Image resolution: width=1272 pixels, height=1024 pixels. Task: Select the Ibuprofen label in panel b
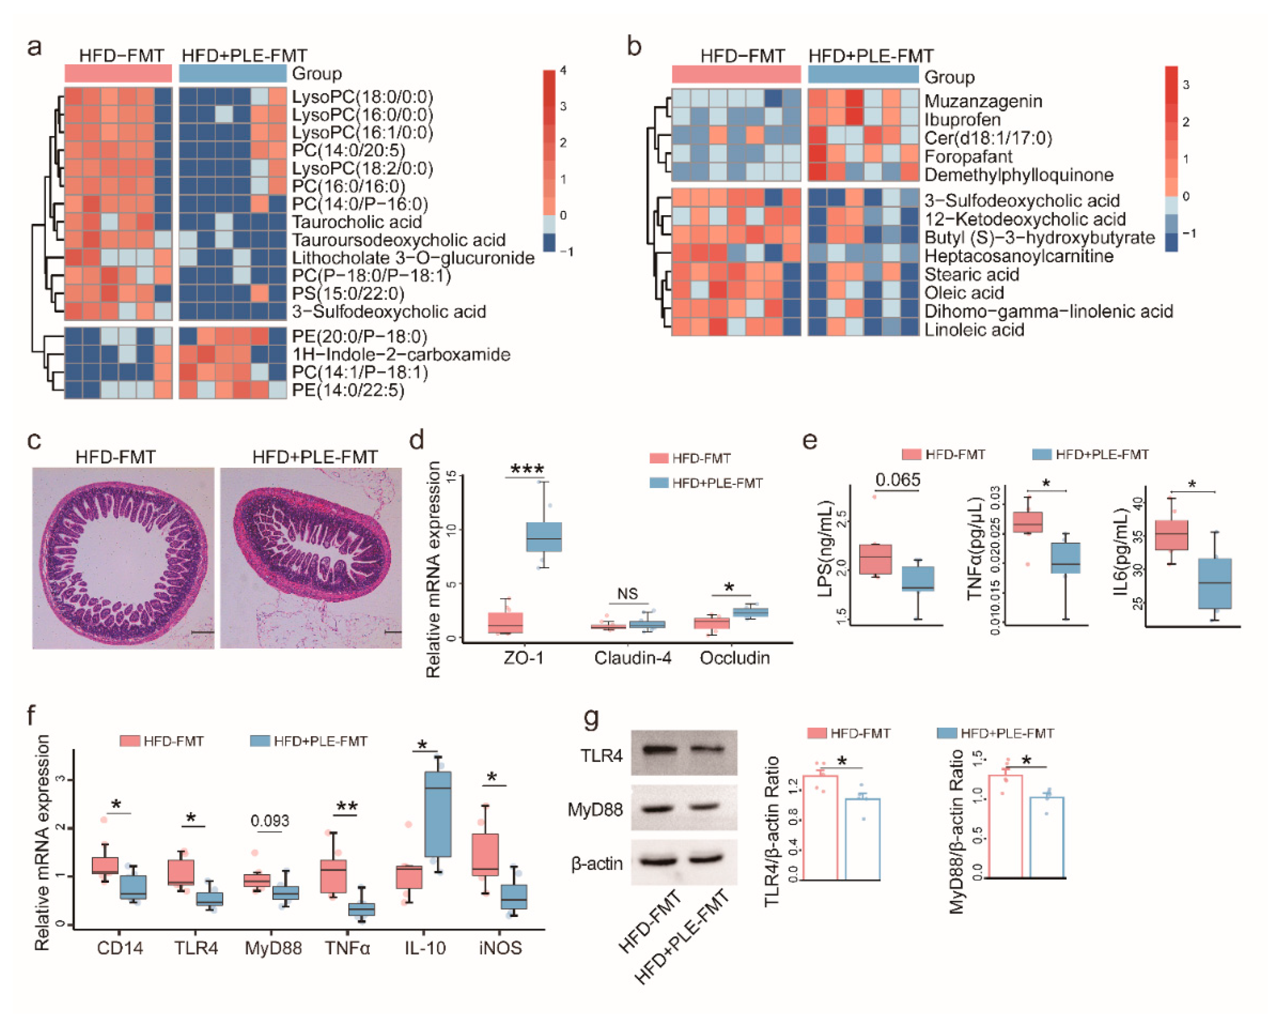coord(962,120)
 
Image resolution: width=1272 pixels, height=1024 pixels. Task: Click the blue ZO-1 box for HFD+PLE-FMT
coord(544,536)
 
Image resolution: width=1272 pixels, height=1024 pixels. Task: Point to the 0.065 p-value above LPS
coord(897,480)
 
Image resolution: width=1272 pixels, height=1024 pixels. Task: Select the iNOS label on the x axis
coord(500,948)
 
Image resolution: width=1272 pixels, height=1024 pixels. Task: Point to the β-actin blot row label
coord(596,864)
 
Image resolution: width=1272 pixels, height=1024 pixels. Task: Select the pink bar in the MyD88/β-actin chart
coord(1005,826)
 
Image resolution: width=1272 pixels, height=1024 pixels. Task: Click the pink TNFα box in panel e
coord(1027,522)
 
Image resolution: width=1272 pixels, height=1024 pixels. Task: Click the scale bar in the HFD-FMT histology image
coord(202,632)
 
